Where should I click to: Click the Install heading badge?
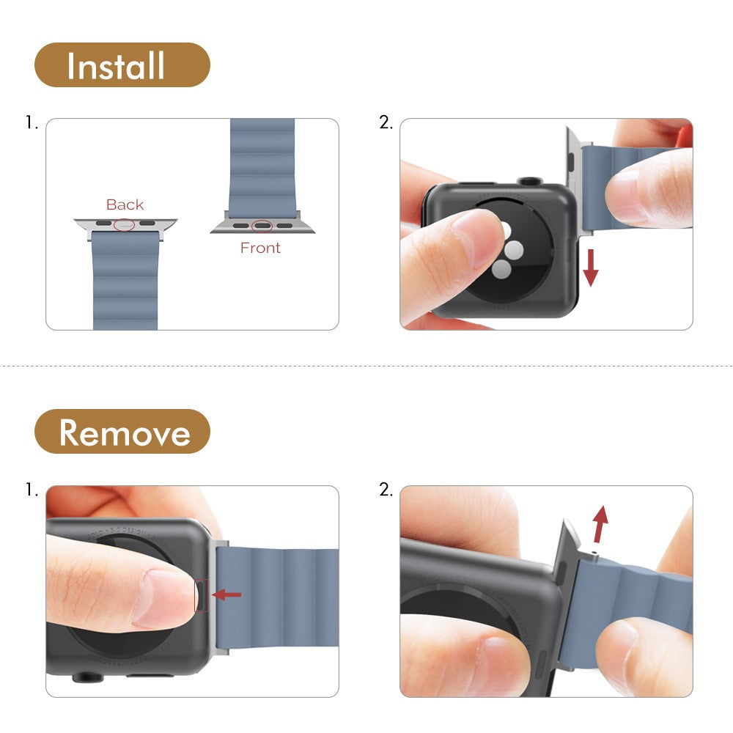pyautogui.click(x=122, y=65)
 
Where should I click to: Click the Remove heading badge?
pyautogui.click(x=122, y=432)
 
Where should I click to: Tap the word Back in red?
pyautogui.click(x=125, y=205)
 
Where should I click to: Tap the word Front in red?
pyautogui.click(x=260, y=248)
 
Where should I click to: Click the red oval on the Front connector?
pyautogui.click(x=262, y=226)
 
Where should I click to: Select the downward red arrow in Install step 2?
pyautogui.click(x=591, y=268)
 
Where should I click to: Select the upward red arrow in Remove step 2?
pyautogui.click(x=600, y=523)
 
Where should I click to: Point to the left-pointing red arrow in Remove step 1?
pyautogui.click(x=226, y=594)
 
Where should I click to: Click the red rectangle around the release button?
pyautogui.click(x=201, y=594)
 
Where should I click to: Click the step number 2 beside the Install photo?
pyautogui.click(x=386, y=123)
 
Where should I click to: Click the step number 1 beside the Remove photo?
pyautogui.click(x=32, y=490)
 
